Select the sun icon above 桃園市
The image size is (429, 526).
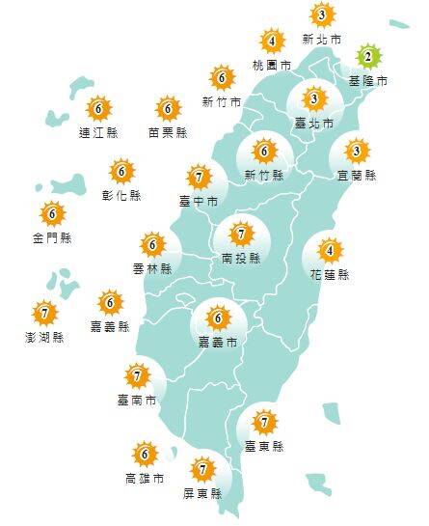click(x=274, y=41)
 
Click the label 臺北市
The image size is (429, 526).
click(x=313, y=124)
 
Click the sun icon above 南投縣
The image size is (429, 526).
click(x=241, y=233)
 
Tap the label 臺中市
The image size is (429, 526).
click(x=199, y=201)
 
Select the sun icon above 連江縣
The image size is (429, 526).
click(x=97, y=109)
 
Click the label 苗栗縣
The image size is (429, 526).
click(x=168, y=134)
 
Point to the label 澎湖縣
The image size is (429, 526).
click(x=43, y=337)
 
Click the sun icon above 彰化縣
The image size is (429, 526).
click(x=121, y=172)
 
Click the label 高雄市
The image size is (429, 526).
click(x=144, y=479)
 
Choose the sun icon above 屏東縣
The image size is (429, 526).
click(x=203, y=470)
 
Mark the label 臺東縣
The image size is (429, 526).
click(x=264, y=446)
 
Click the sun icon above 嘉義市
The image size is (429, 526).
click(x=219, y=317)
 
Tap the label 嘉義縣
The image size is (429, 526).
click(x=111, y=327)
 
